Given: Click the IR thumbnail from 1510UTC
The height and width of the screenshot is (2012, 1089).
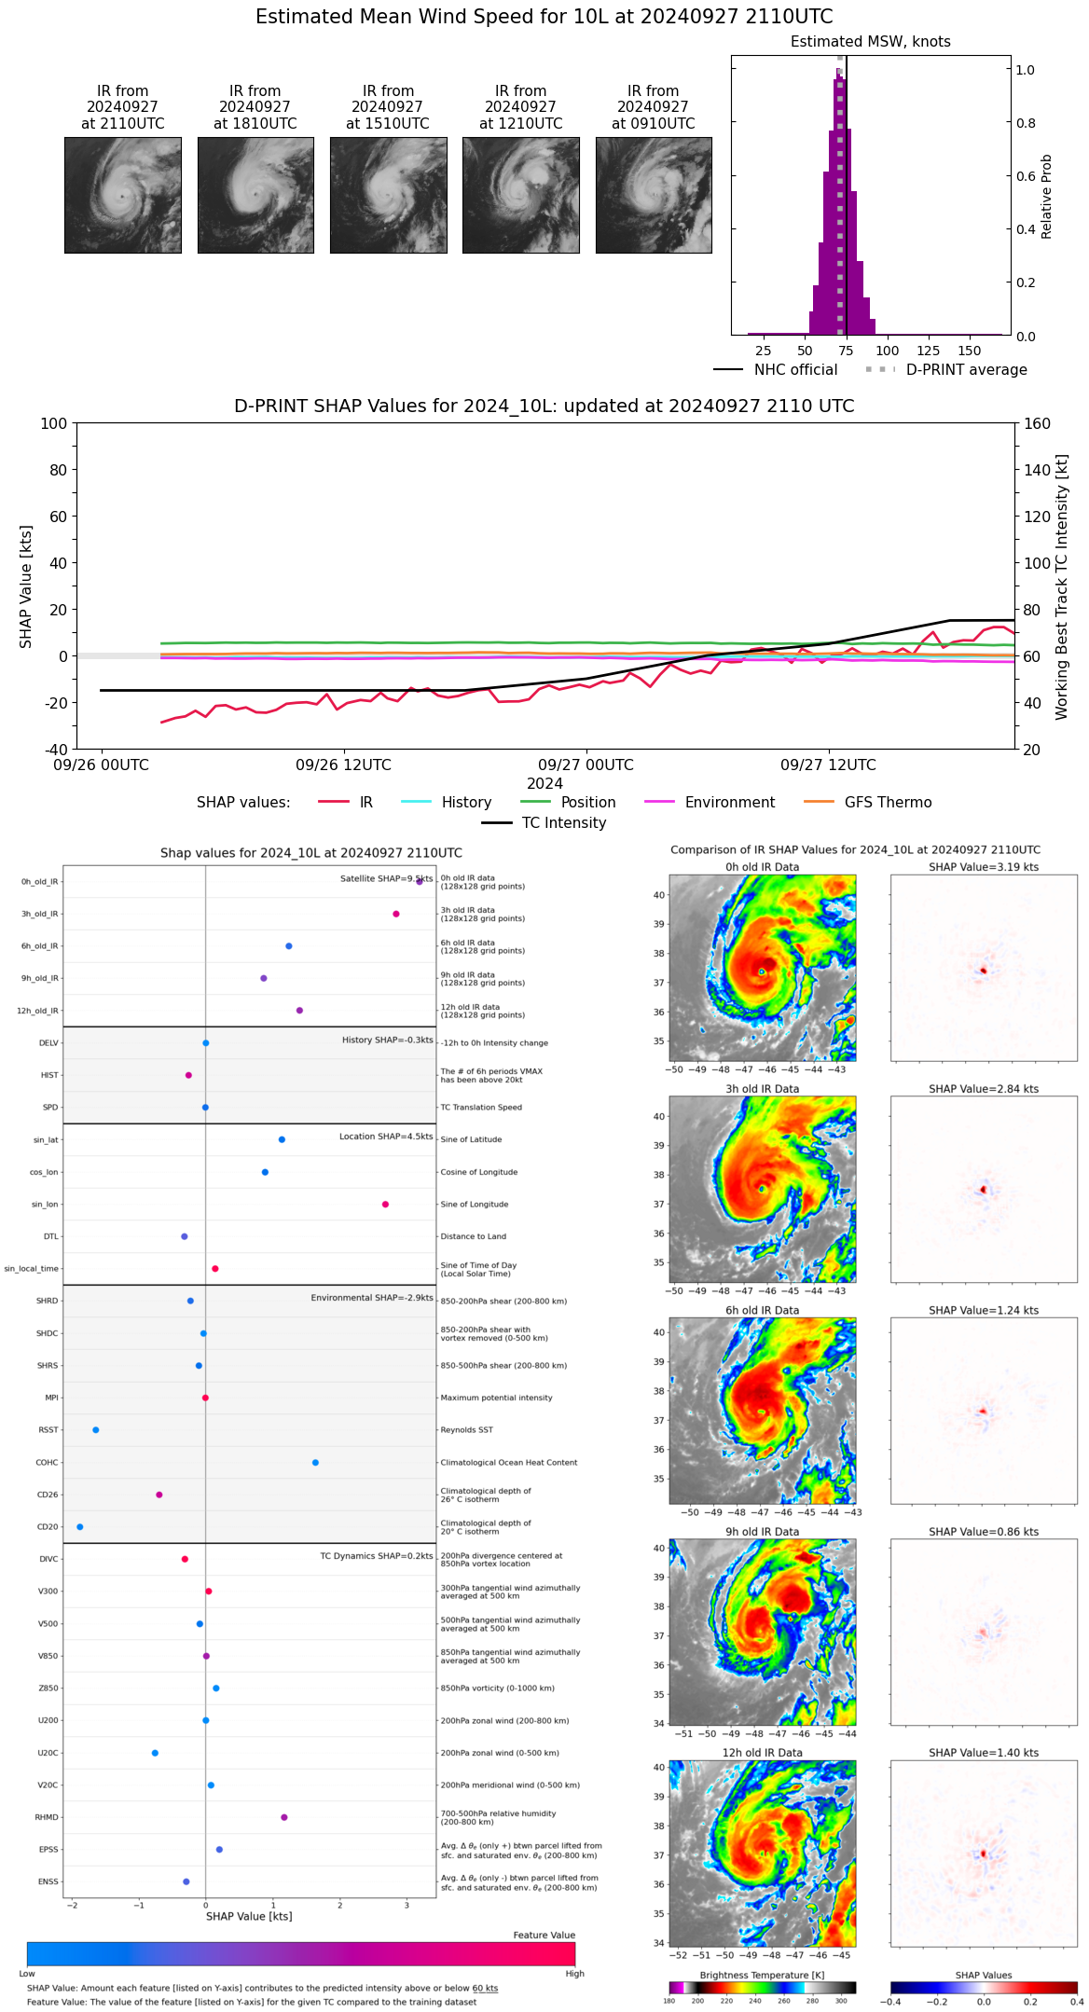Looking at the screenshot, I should (x=388, y=195).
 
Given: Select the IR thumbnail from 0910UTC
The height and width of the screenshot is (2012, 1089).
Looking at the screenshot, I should (x=654, y=195).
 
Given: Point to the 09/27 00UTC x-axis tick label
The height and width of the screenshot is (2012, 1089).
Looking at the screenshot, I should (x=586, y=765).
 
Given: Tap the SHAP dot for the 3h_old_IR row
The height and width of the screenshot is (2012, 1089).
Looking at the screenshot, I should (x=396, y=914).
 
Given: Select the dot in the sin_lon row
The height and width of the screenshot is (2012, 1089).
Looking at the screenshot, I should (x=385, y=1205).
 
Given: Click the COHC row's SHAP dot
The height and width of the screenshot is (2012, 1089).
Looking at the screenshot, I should (x=315, y=1463).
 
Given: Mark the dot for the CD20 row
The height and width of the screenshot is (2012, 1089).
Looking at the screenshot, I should (x=80, y=1527).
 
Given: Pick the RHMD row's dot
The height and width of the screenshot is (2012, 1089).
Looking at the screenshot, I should (x=284, y=1817).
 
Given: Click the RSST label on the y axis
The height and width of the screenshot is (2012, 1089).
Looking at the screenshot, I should (x=48, y=1430).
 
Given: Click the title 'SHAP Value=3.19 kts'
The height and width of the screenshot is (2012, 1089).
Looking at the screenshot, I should (x=984, y=867).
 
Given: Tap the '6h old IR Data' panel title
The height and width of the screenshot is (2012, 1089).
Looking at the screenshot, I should (x=762, y=1310).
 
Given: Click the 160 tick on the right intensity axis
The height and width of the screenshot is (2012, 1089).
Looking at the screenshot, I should (x=1038, y=423).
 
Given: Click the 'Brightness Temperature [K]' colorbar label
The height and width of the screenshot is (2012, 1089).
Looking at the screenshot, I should (x=762, y=1975).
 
